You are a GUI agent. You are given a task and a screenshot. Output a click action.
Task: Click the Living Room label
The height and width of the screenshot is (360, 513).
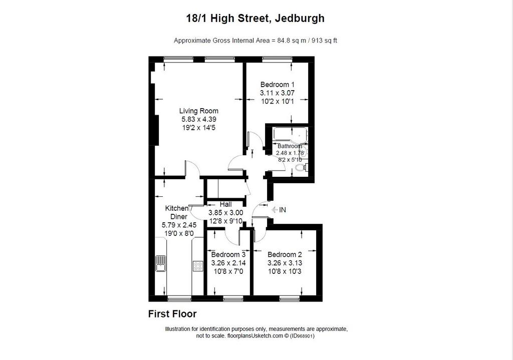pyautogui.click(x=198, y=111)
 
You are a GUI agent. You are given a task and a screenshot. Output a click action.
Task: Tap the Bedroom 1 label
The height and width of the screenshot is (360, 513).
pyautogui.click(x=278, y=84)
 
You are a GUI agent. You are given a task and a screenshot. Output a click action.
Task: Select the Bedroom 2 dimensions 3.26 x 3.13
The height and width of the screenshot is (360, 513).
pyautogui.click(x=285, y=263)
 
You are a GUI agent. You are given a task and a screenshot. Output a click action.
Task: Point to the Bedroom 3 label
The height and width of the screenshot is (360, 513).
pyautogui.click(x=228, y=254)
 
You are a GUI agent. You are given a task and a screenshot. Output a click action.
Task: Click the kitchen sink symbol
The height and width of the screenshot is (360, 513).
pyautogui.click(x=161, y=263)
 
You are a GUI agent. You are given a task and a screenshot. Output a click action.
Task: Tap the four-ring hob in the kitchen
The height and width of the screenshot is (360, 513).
pyautogui.click(x=197, y=265)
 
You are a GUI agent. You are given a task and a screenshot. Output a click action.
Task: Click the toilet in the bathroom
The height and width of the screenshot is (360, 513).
pyautogui.click(x=301, y=168)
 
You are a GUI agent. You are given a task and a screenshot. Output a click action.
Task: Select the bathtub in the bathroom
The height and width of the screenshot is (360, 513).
pyautogui.click(x=290, y=134)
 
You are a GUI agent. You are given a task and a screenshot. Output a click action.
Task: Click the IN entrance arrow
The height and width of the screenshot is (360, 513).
pyautogui.click(x=275, y=210)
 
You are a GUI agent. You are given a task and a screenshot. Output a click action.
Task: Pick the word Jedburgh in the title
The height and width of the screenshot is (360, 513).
pyautogui.click(x=300, y=18)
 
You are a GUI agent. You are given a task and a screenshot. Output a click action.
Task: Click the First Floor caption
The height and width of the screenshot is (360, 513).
pyautogui.click(x=172, y=314)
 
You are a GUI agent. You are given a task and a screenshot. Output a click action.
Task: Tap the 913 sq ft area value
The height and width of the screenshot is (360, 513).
pyautogui.click(x=324, y=41)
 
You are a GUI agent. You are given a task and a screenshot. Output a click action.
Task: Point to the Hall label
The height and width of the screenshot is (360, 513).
pyautogui.click(x=226, y=204)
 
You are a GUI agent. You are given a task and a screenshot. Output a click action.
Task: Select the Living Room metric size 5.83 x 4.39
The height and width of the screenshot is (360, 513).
pyautogui.click(x=198, y=119)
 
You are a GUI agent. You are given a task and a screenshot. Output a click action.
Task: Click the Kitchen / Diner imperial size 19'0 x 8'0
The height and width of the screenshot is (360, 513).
pyautogui.click(x=179, y=233)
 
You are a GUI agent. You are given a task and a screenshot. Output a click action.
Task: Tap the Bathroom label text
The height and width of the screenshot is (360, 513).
pyautogui.click(x=290, y=146)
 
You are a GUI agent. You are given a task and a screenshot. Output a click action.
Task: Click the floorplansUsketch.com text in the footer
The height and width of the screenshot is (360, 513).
pyautogui.click(x=255, y=336)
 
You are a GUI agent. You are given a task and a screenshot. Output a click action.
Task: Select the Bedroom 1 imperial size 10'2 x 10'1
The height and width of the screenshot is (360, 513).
pyautogui.click(x=278, y=101)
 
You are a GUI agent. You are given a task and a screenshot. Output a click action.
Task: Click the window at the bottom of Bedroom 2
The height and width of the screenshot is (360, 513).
pyautogui.click(x=290, y=298)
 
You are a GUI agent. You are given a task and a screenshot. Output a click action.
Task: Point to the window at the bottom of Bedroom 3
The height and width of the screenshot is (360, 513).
pyautogui.click(x=233, y=298)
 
